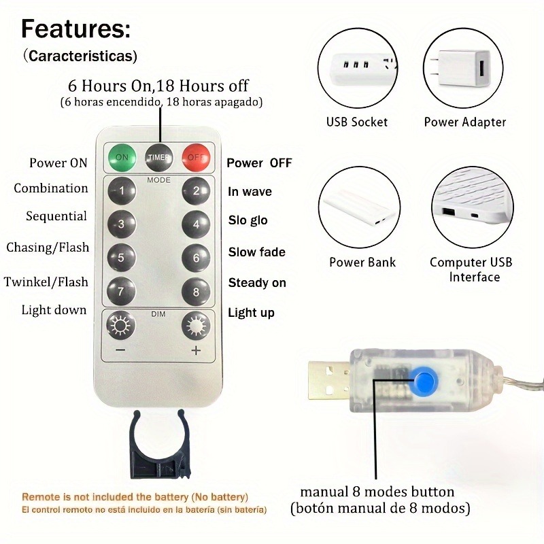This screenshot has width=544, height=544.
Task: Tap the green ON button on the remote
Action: point(122,158)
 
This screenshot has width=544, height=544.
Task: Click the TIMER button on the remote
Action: point(159,158)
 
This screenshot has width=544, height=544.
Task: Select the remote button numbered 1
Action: point(122,190)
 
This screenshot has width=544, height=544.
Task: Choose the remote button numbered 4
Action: point(196,224)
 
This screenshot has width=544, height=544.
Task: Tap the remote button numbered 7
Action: point(121,291)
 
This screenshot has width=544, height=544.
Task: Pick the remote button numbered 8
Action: point(196,292)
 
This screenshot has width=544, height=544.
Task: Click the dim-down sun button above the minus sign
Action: point(120,326)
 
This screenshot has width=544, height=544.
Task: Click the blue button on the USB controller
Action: point(424,381)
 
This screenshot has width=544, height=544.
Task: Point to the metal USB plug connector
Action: point(329,381)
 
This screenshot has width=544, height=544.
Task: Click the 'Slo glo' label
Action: point(248,220)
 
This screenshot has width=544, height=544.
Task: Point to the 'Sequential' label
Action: point(56,216)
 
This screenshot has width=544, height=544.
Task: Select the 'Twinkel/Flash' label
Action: point(46,282)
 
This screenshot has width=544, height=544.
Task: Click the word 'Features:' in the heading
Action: point(75,29)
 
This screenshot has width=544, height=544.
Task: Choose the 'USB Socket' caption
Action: point(356,122)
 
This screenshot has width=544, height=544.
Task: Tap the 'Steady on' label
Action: point(257,283)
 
